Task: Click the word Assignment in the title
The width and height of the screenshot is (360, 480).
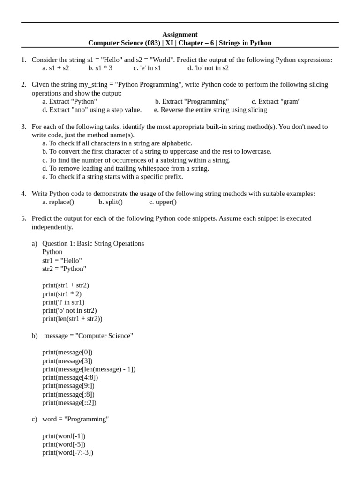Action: click(180, 34)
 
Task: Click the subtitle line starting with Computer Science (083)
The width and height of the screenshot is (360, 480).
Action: click(180, 43)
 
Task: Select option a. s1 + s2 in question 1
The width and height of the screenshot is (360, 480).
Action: click(55, 68)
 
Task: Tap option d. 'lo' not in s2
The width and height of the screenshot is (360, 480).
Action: click(208, 68)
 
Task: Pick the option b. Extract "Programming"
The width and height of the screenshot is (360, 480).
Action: click(192, 101)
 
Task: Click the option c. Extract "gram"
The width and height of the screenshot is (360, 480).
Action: click(276, 101)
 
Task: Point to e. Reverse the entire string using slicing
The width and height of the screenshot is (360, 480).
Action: click(210, 110)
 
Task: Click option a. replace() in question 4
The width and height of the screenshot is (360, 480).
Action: click(58, 202)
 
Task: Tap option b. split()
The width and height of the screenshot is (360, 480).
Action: click(111, 202)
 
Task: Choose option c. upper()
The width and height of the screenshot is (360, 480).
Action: click(163, 202)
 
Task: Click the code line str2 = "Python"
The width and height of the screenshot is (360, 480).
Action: click(64, 269)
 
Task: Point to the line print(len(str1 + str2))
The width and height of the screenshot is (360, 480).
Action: click(72, 319)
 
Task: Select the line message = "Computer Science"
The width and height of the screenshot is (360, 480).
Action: click(89, 336)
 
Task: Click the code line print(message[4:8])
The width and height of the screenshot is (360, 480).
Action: click(70, 377)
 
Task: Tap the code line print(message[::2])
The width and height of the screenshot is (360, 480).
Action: click(69, 403)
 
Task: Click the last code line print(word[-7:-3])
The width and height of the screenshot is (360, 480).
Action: click(68, 453)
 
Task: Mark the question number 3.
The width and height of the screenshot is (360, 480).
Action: click(23, 127)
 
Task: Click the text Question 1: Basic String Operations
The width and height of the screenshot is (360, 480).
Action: click(93, 243)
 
